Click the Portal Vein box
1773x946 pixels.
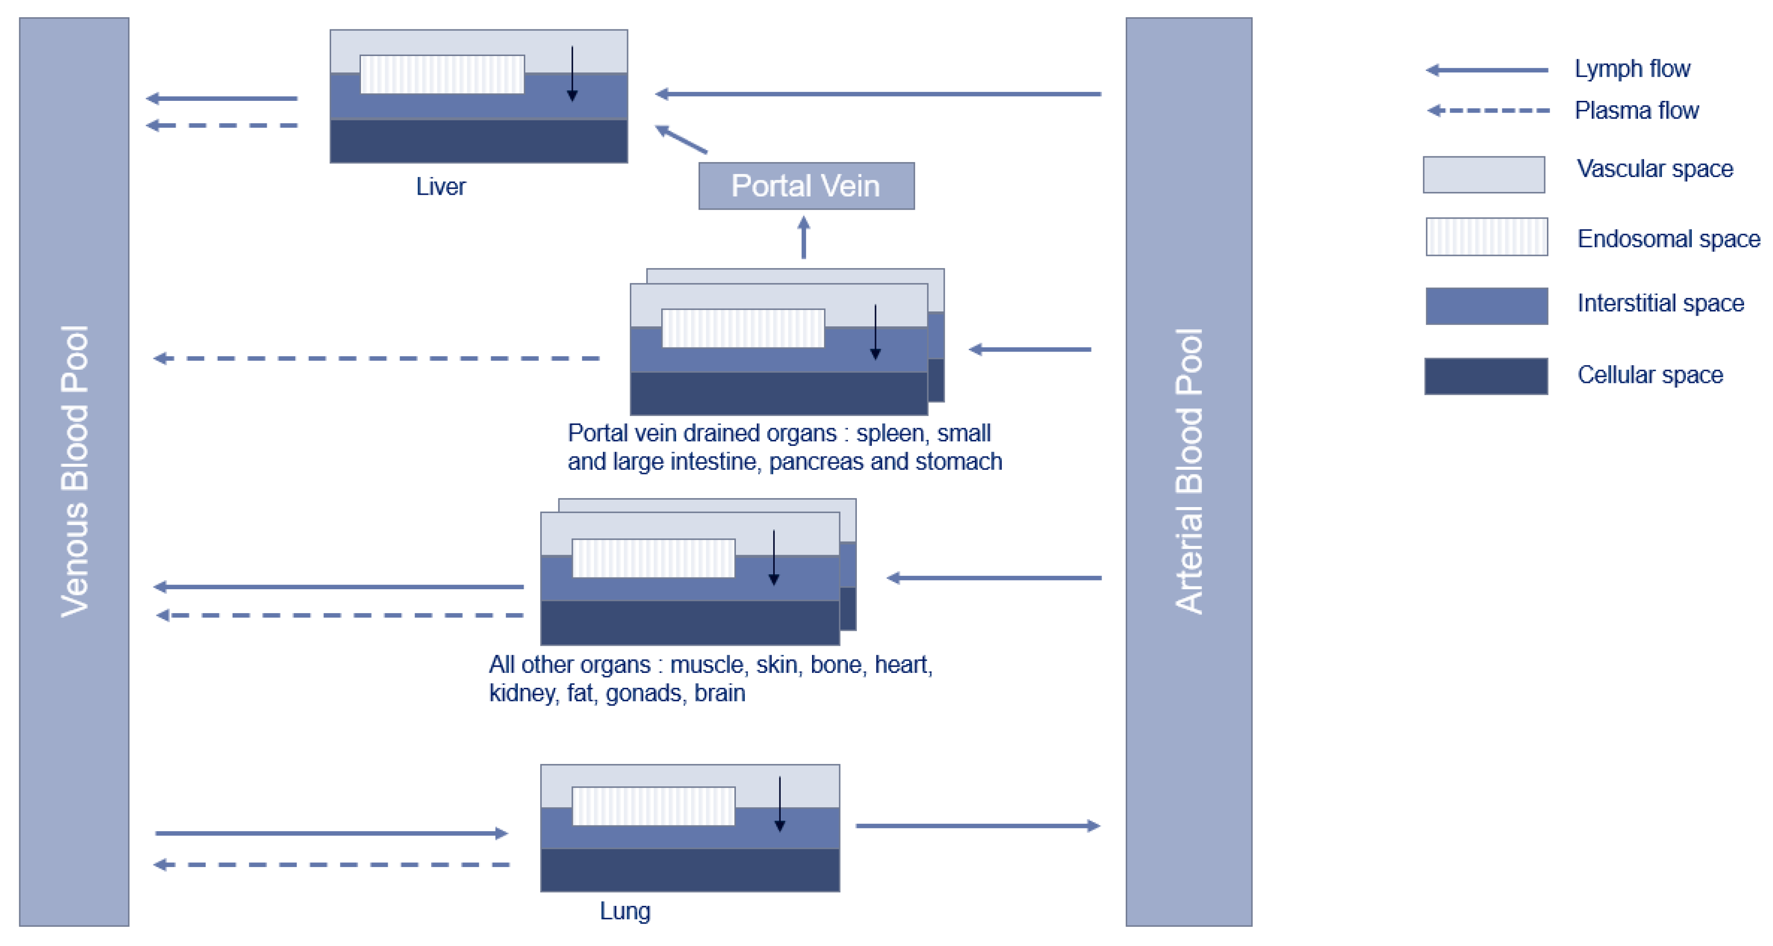pyautogui.click(x=806, y=186)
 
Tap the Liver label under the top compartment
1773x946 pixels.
pyautogui.click(x=440, y=187)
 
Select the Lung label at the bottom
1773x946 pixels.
pyautogui.click(x=624, y=911)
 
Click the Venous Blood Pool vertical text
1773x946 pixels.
pyautogui.click(x=74, y=471)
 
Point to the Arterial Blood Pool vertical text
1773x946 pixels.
pyautogui.click(x=1189, y=471)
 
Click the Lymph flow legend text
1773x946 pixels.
pyautogui.click(x=1632, y=69)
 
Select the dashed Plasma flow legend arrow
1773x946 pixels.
pyautogui.click(x=1488, y=110)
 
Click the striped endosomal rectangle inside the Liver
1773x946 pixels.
pyautogui.click(x=442, y=74)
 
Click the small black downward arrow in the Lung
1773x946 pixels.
pyautogui.click(x=779, y=804)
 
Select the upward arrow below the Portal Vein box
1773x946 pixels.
pyautogui.click(x=803, y=238)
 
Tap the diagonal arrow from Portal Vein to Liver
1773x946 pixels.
pyautogui.click(x=681, y=139)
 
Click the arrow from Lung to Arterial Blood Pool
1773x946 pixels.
pyautogui.click(x=977, y=826)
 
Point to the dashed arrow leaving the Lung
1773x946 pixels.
pyautogui.click(x=331, y=864)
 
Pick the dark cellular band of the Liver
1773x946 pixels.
pyautogui.click(x=478, y=141)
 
